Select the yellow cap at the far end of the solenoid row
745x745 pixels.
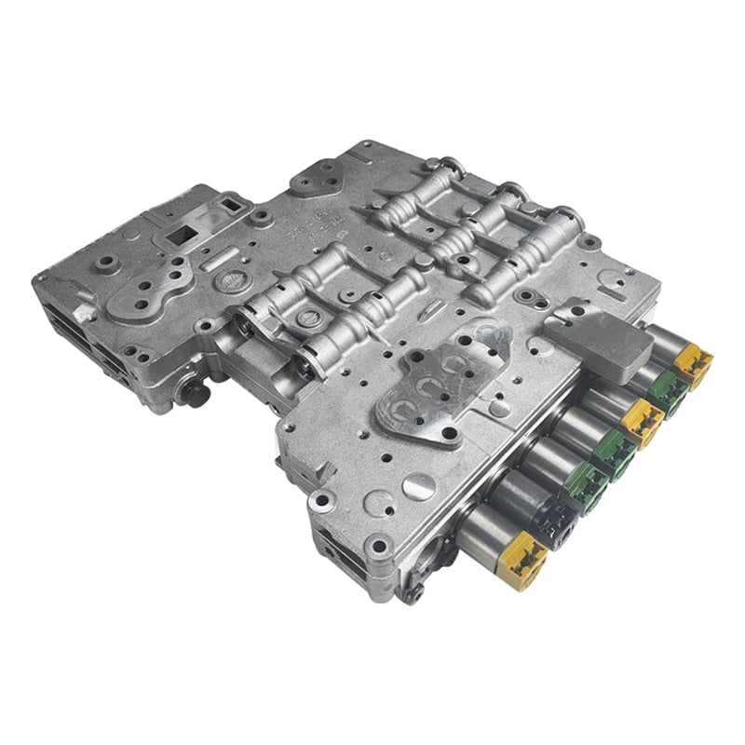click(x=694, y=363)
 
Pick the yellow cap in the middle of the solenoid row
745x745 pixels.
click(x=643, y=419)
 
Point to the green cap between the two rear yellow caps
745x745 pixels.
click(x=668, y=392)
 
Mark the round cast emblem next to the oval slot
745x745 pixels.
click(x=223, y=278)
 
